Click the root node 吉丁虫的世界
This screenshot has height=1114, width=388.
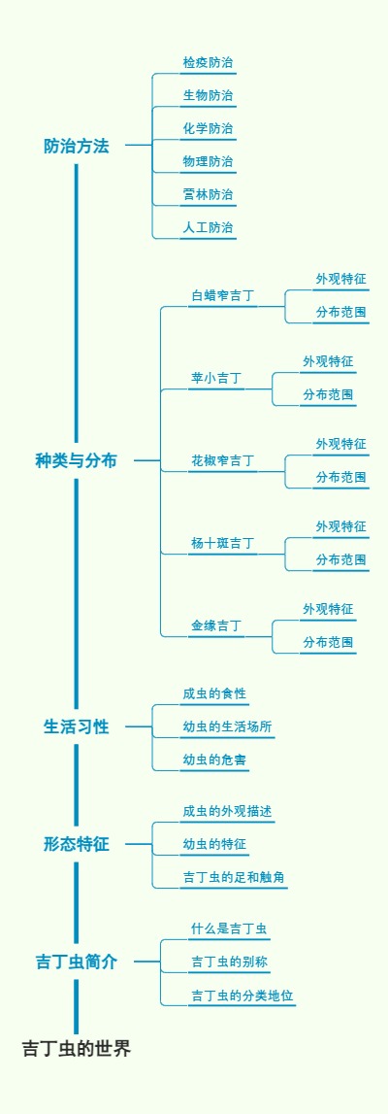[77, 1049]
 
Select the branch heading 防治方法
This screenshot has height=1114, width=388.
[77, 147]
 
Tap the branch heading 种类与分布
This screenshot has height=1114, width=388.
[77, 461]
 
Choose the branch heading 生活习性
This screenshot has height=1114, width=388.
[77, 726]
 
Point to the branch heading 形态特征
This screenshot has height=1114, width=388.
[77, 844]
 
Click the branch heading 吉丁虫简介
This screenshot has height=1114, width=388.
[77, 962]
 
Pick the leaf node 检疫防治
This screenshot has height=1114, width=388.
[208, 63]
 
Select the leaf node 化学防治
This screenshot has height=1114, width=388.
[208, 129]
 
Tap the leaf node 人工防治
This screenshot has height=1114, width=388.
[208, 228]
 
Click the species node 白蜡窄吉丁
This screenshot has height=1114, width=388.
[223, 295]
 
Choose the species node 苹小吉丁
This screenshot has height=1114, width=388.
[216, 378]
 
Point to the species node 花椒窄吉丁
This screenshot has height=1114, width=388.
[223, 460]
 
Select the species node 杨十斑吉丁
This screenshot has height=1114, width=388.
[223, 543]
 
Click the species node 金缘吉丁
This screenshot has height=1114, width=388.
[216, 625]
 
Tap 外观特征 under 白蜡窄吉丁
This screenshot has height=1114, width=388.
[341, 280]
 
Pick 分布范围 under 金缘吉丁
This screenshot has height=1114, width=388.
[328, 643]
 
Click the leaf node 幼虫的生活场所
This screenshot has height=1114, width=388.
[227, 726]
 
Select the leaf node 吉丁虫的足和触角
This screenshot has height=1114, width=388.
[234, 877]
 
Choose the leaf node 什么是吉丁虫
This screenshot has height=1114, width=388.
[229, 929]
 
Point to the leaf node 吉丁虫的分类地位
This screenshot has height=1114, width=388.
[242, 996]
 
